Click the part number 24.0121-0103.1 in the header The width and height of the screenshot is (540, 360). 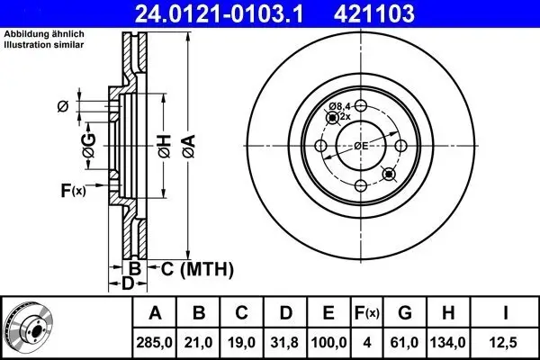tap(220, 13)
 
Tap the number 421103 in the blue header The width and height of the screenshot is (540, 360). tap(374, 13)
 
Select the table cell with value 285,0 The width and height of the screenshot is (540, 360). tap(154, 342)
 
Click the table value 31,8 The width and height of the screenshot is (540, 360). tap(284, 342)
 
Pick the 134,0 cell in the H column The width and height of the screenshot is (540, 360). tap(447, 342)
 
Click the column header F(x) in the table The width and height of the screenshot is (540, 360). tap(367, 313)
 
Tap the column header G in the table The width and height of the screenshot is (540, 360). tap(405, 313)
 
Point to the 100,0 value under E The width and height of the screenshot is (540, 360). tap(328, 342)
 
